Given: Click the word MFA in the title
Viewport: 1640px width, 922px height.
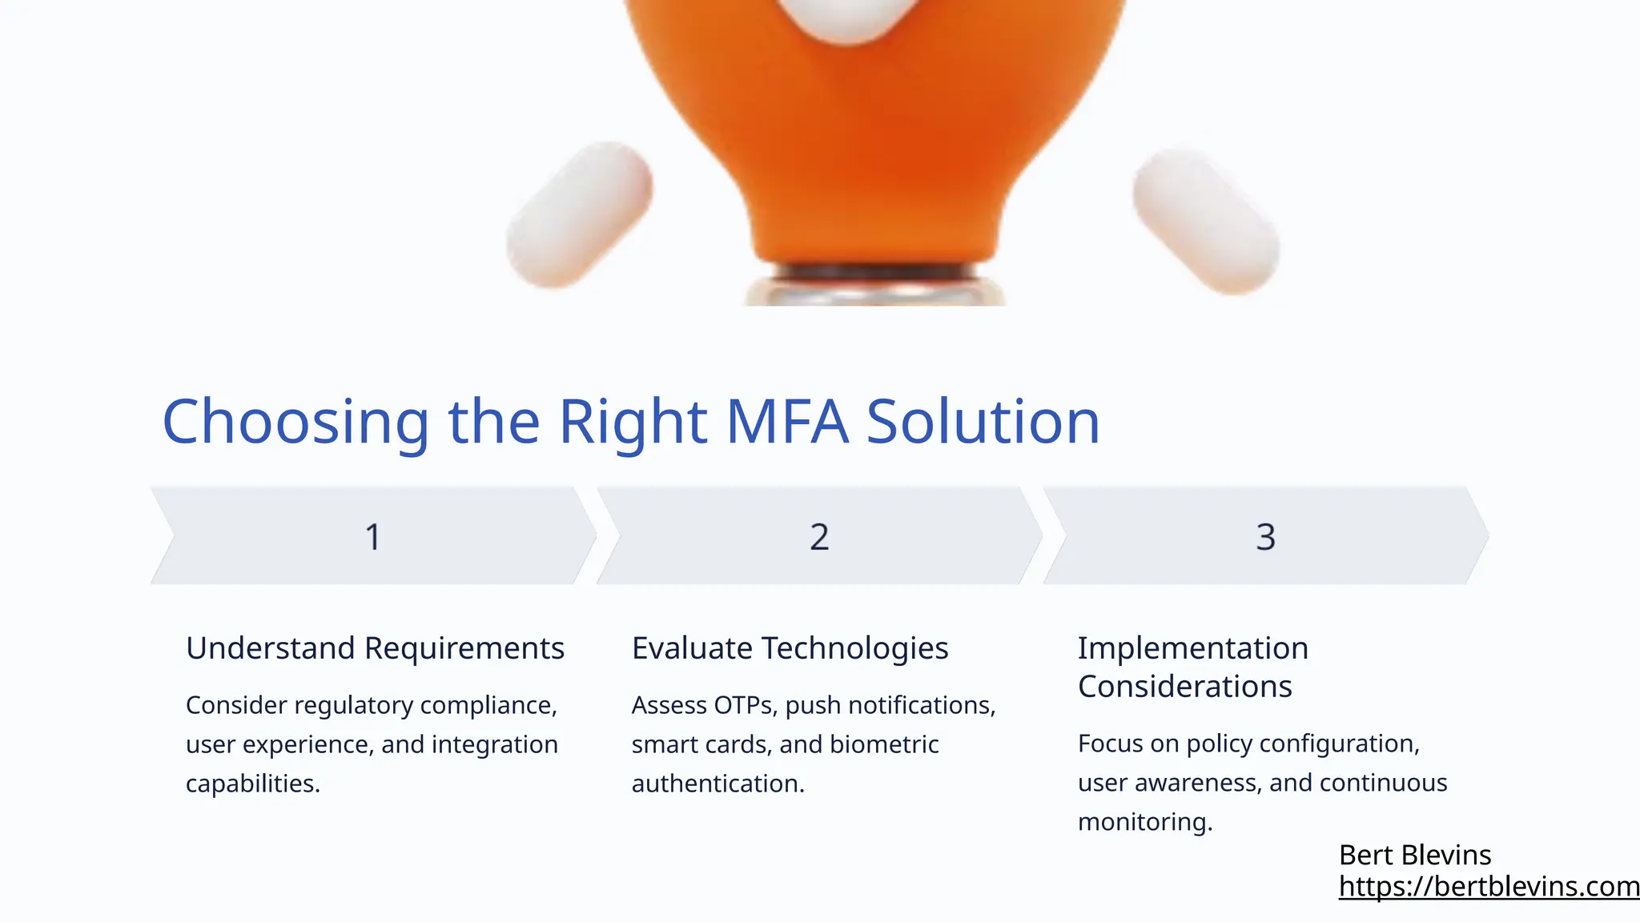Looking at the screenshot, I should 786,422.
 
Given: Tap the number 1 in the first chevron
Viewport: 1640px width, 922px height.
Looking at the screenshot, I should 373,537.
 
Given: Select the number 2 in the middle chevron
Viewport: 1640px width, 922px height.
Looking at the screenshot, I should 819,537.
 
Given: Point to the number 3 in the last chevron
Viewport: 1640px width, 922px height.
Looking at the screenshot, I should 1265,537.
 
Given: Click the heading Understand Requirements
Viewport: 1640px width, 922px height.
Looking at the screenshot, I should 375,648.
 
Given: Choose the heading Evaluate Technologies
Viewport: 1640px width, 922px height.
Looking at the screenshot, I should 790,648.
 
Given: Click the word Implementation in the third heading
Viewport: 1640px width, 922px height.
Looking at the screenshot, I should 1193,648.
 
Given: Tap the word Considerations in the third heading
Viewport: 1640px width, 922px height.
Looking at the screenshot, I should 1184,687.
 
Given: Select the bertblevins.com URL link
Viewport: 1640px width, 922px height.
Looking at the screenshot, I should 1489,887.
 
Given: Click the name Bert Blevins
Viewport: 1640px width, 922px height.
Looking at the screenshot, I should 1415,856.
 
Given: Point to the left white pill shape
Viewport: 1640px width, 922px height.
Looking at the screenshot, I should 580,214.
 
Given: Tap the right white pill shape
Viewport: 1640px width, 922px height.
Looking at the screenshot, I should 1206,221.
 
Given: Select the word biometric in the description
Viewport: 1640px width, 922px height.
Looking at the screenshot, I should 884,744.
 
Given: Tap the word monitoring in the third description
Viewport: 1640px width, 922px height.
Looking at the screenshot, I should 1145,822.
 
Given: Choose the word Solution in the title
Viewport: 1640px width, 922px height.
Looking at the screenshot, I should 983,422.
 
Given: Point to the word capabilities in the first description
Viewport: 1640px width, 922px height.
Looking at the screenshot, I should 253,784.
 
